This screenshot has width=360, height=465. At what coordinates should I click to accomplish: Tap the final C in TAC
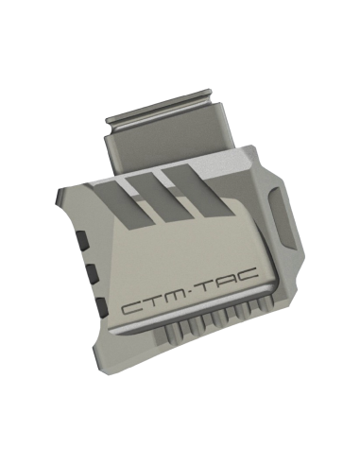(248, 274)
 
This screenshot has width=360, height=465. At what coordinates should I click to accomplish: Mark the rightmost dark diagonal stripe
(197, 192)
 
